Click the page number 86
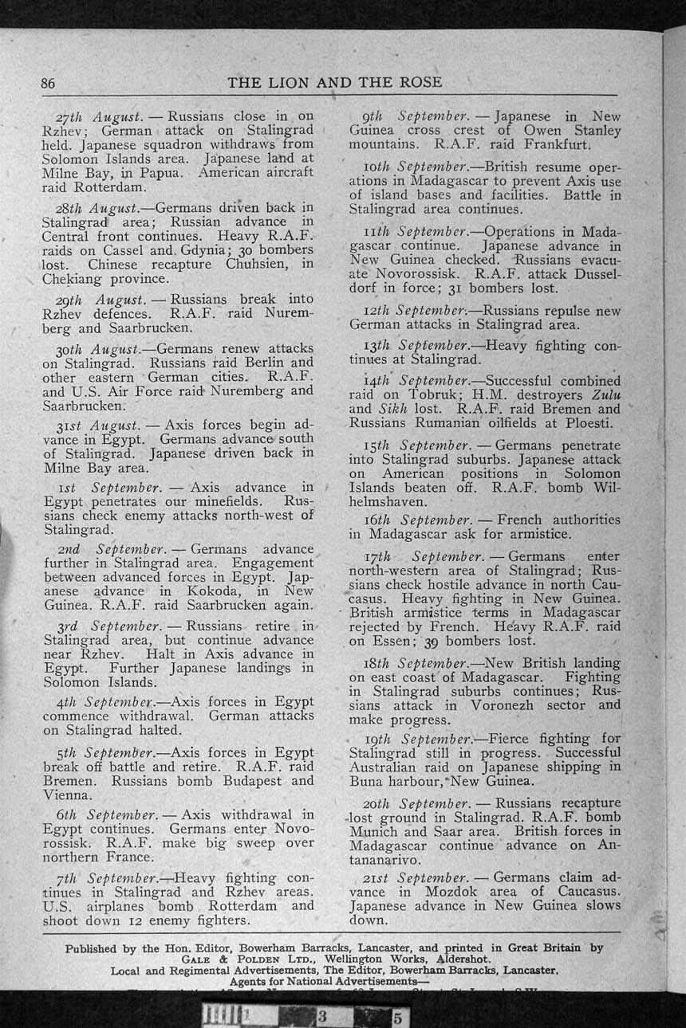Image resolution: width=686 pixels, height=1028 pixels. point(48,83)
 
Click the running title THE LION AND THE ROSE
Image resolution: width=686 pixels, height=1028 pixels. point(334,82)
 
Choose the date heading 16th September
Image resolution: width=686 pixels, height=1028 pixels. point(428,520)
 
